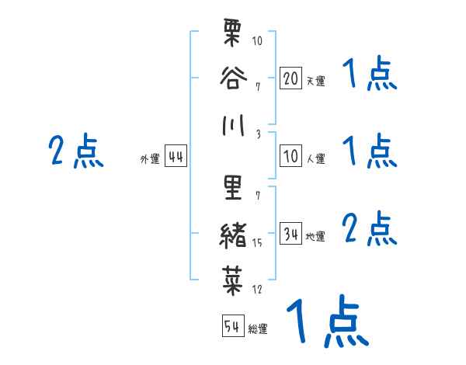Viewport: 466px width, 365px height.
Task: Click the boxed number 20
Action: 290,78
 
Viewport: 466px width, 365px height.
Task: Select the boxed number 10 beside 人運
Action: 290,156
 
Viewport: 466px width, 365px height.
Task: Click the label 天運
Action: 315,81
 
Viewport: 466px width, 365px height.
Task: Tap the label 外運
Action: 150,159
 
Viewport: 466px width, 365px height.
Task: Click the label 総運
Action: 258,329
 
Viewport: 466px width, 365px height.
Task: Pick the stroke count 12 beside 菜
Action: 258,290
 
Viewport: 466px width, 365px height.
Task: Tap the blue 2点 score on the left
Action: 75,151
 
